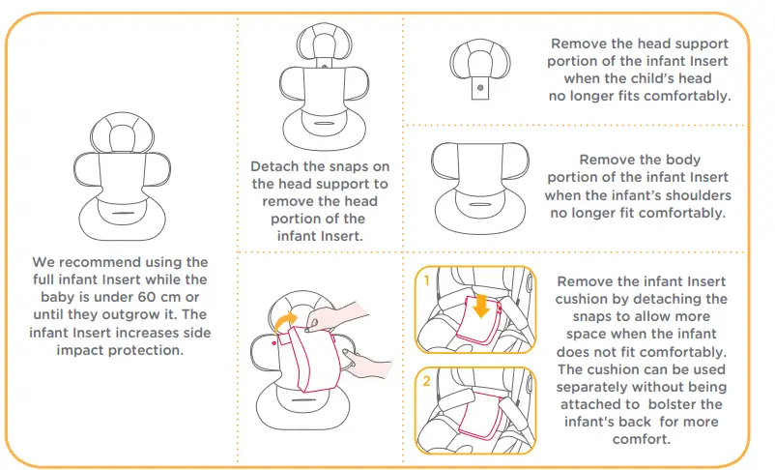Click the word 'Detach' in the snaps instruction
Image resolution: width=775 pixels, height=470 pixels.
tap(275, 166)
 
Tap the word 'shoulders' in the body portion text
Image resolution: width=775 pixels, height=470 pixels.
tap(696, 195)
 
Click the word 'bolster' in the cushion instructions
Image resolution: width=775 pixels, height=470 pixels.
tap(691, 403)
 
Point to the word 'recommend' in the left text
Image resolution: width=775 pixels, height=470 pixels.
tap(105, 263)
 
